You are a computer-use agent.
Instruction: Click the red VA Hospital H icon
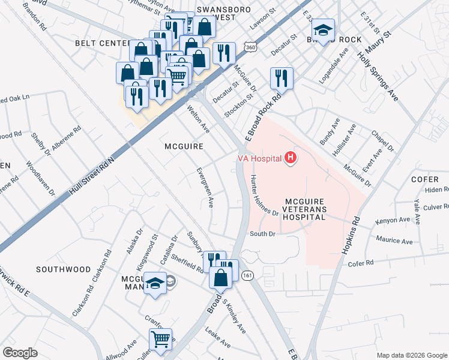(x=291, y=158)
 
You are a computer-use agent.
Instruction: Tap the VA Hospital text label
(x=259, y=158)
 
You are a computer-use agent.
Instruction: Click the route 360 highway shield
(x=250, y=47)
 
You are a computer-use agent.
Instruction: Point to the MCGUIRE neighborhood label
(x=184, y=146)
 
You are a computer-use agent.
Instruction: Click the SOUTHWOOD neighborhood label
(x=63, y=269)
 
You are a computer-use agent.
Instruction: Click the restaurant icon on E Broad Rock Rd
(x=281, y=77)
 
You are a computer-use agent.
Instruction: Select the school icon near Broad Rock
(x=323, y=30)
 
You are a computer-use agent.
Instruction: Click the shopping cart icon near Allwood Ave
(x=160, y=338)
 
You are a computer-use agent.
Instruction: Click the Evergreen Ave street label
(x=205, y=187)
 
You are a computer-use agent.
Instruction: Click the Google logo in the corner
(x=20, y=353)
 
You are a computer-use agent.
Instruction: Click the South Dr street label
(x=262, y=234)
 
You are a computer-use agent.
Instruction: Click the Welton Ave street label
(x=198, y=119)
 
